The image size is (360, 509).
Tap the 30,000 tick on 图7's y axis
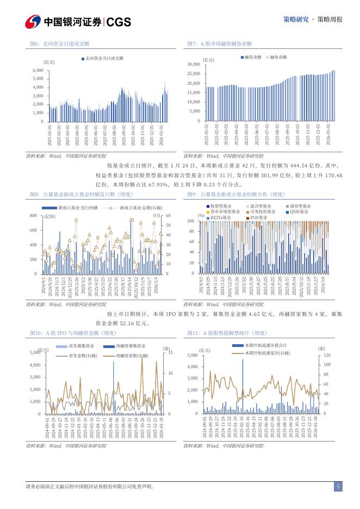click(x=194, y=64)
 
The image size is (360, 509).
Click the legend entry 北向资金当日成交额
click(x=104, y=58)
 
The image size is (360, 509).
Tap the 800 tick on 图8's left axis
click(x=33, y=216)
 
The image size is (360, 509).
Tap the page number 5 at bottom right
click(x=338, y=487)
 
